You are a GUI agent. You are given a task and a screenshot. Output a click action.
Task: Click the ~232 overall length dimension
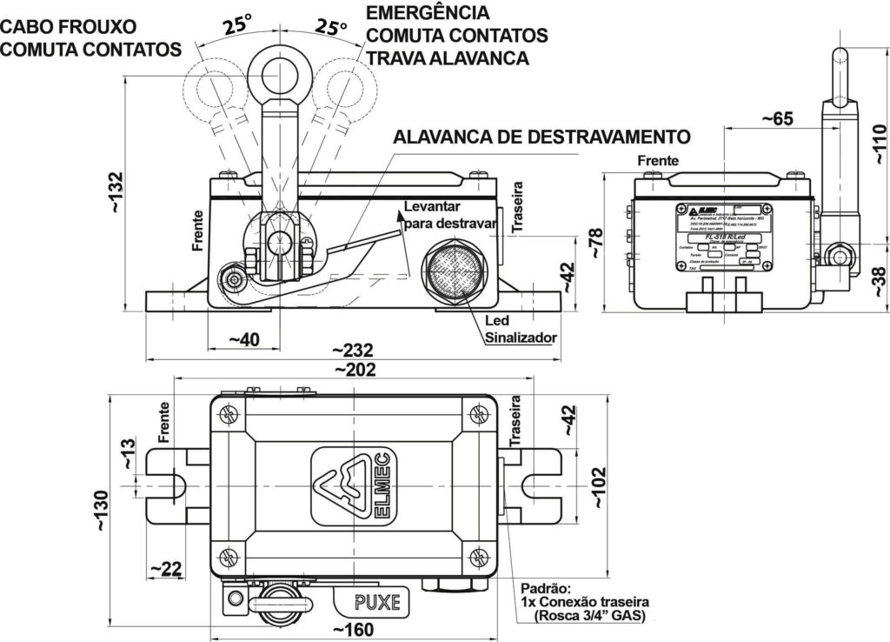(x=353, y=351)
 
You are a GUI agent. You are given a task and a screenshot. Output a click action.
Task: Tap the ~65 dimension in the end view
(x=777, y=119)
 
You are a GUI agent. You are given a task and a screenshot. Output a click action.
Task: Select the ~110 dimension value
(x=877, y=144)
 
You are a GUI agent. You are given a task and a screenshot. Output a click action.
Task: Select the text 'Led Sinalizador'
(x=520, y=329)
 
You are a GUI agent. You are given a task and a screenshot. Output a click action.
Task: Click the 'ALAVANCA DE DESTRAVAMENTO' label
(x=541, y=137)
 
